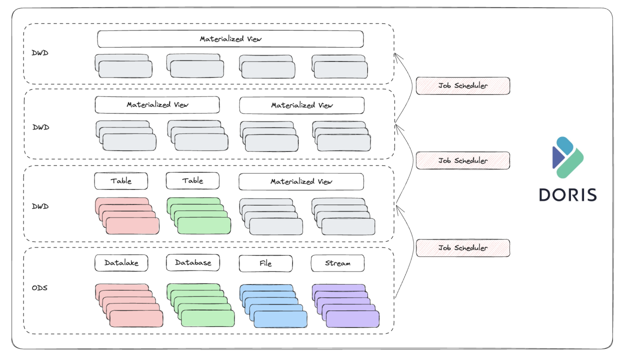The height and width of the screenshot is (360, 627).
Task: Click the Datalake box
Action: [121, 263]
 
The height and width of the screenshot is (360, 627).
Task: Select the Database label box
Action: [192, 263]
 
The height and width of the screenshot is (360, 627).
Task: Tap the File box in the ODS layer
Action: [265, 263]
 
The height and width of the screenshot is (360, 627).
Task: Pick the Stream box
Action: [337, 263]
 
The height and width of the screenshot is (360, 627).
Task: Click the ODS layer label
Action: [39, 288]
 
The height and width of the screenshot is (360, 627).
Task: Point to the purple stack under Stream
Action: [345, 306]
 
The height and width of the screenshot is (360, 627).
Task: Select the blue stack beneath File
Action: [273, 306]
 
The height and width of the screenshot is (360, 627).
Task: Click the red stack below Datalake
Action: [129, 306]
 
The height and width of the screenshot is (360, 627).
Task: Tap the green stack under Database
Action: [201, 306]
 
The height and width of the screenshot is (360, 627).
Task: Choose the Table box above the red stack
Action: [121, 181]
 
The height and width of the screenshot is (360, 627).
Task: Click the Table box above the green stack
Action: [192, 181]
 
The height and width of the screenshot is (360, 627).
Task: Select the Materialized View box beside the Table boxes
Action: [301, 181]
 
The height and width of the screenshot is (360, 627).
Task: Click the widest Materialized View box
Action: [230, 39]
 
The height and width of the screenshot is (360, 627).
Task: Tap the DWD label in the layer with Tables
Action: [40, 206]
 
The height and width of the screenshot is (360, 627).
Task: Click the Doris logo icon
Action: [567, 157]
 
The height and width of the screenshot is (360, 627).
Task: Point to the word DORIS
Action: [567, 194]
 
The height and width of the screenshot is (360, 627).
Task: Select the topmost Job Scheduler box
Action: [462, 85]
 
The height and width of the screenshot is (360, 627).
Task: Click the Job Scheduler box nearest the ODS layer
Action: [462, 248]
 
